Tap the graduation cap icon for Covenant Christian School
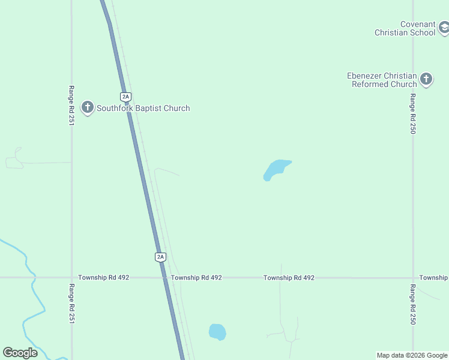coord(444,27)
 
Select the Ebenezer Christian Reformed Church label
coord(382,80)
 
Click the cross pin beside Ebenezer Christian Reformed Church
coord(426,79)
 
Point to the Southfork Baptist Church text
coord(143,109)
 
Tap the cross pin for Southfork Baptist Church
coord(88,107)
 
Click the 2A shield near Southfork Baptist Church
coord(125,96)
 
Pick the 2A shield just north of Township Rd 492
coord(160,257)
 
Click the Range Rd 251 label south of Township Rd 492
coord(71,304)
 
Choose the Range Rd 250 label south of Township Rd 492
coord(412,305)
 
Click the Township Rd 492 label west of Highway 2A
coord(103,278)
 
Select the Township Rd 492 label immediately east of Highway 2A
coord(196,278)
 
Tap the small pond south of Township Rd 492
coord(217,332)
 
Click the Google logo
coord(20,353)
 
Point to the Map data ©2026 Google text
coord(412,356)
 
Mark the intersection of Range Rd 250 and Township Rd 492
coord(412,278)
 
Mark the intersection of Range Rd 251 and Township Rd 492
coord(71,278)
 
